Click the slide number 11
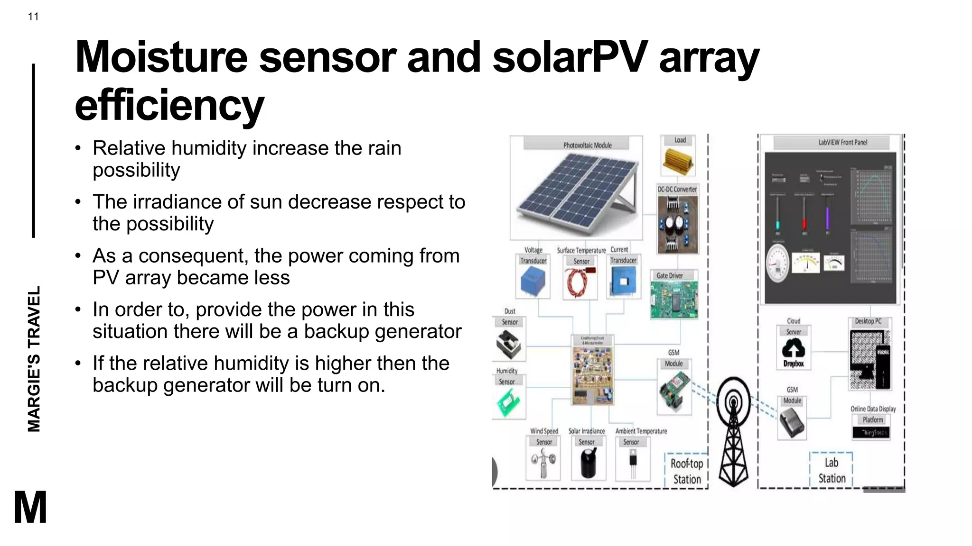[x=33, y=17]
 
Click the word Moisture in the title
[x=161, y=57]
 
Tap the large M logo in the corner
[x=30, y=507]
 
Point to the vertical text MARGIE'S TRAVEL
[x=34, y=359]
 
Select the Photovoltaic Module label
[x=587, y=145]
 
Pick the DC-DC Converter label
[x=677, y=189]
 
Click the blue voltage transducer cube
[x=533, y=281]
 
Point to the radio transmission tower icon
[x=734, y=431]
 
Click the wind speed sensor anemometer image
[x=543, y=463]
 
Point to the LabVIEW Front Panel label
[x=842, y=142]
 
